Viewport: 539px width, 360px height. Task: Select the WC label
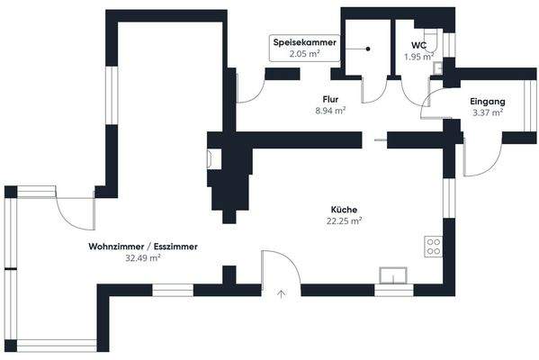(418, 44)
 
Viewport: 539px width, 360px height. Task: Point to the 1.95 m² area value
(418, 57)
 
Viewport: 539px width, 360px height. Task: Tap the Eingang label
(487, 103)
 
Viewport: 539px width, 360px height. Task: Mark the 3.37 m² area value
(487, 113)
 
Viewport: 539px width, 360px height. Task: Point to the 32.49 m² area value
(143, 257)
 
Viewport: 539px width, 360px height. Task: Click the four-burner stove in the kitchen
(434, 246)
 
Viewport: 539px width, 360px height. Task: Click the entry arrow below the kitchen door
(281, 292)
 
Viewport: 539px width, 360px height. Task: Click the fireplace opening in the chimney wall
(210, 158)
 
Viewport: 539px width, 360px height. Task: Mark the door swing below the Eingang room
(474, 160)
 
